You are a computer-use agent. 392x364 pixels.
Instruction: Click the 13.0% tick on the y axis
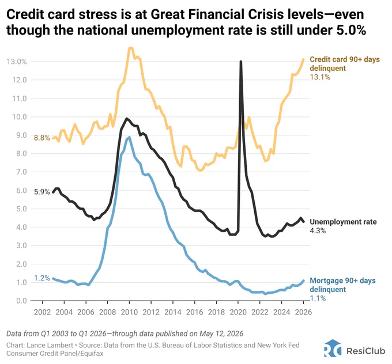pos(17,62)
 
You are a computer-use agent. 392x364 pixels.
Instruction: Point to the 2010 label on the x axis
pos(129,312)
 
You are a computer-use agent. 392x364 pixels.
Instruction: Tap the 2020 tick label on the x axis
pos(238,312)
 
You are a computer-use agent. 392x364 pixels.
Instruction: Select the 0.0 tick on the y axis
pos(21,301)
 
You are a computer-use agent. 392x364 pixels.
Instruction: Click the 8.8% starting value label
pos(42,138)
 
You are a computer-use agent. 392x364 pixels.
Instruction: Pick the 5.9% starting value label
pos(42,192)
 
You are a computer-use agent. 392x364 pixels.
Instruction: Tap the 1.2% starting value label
pos(42,278)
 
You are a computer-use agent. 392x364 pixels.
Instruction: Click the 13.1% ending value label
pos(320,77)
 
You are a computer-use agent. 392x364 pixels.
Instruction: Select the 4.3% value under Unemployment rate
pos(318,230)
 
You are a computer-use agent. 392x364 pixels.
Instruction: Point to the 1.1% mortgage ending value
pos(318,298)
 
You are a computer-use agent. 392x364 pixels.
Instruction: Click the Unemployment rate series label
pos(343,222)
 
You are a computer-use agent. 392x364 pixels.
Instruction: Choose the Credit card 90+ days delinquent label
pos(345,64)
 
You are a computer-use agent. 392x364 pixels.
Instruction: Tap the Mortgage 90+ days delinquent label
pos(343,285)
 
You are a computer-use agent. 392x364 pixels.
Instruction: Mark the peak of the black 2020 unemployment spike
pos(240,61)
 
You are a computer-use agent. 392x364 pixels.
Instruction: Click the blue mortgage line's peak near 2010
pos(129,137)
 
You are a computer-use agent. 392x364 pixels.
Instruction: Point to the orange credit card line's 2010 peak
pos(130,48)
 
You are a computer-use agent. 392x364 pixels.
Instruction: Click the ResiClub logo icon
pos(333,348)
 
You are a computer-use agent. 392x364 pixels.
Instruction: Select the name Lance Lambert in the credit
pos(50,345)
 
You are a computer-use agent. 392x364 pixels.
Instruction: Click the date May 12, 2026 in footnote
pos(221,334)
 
